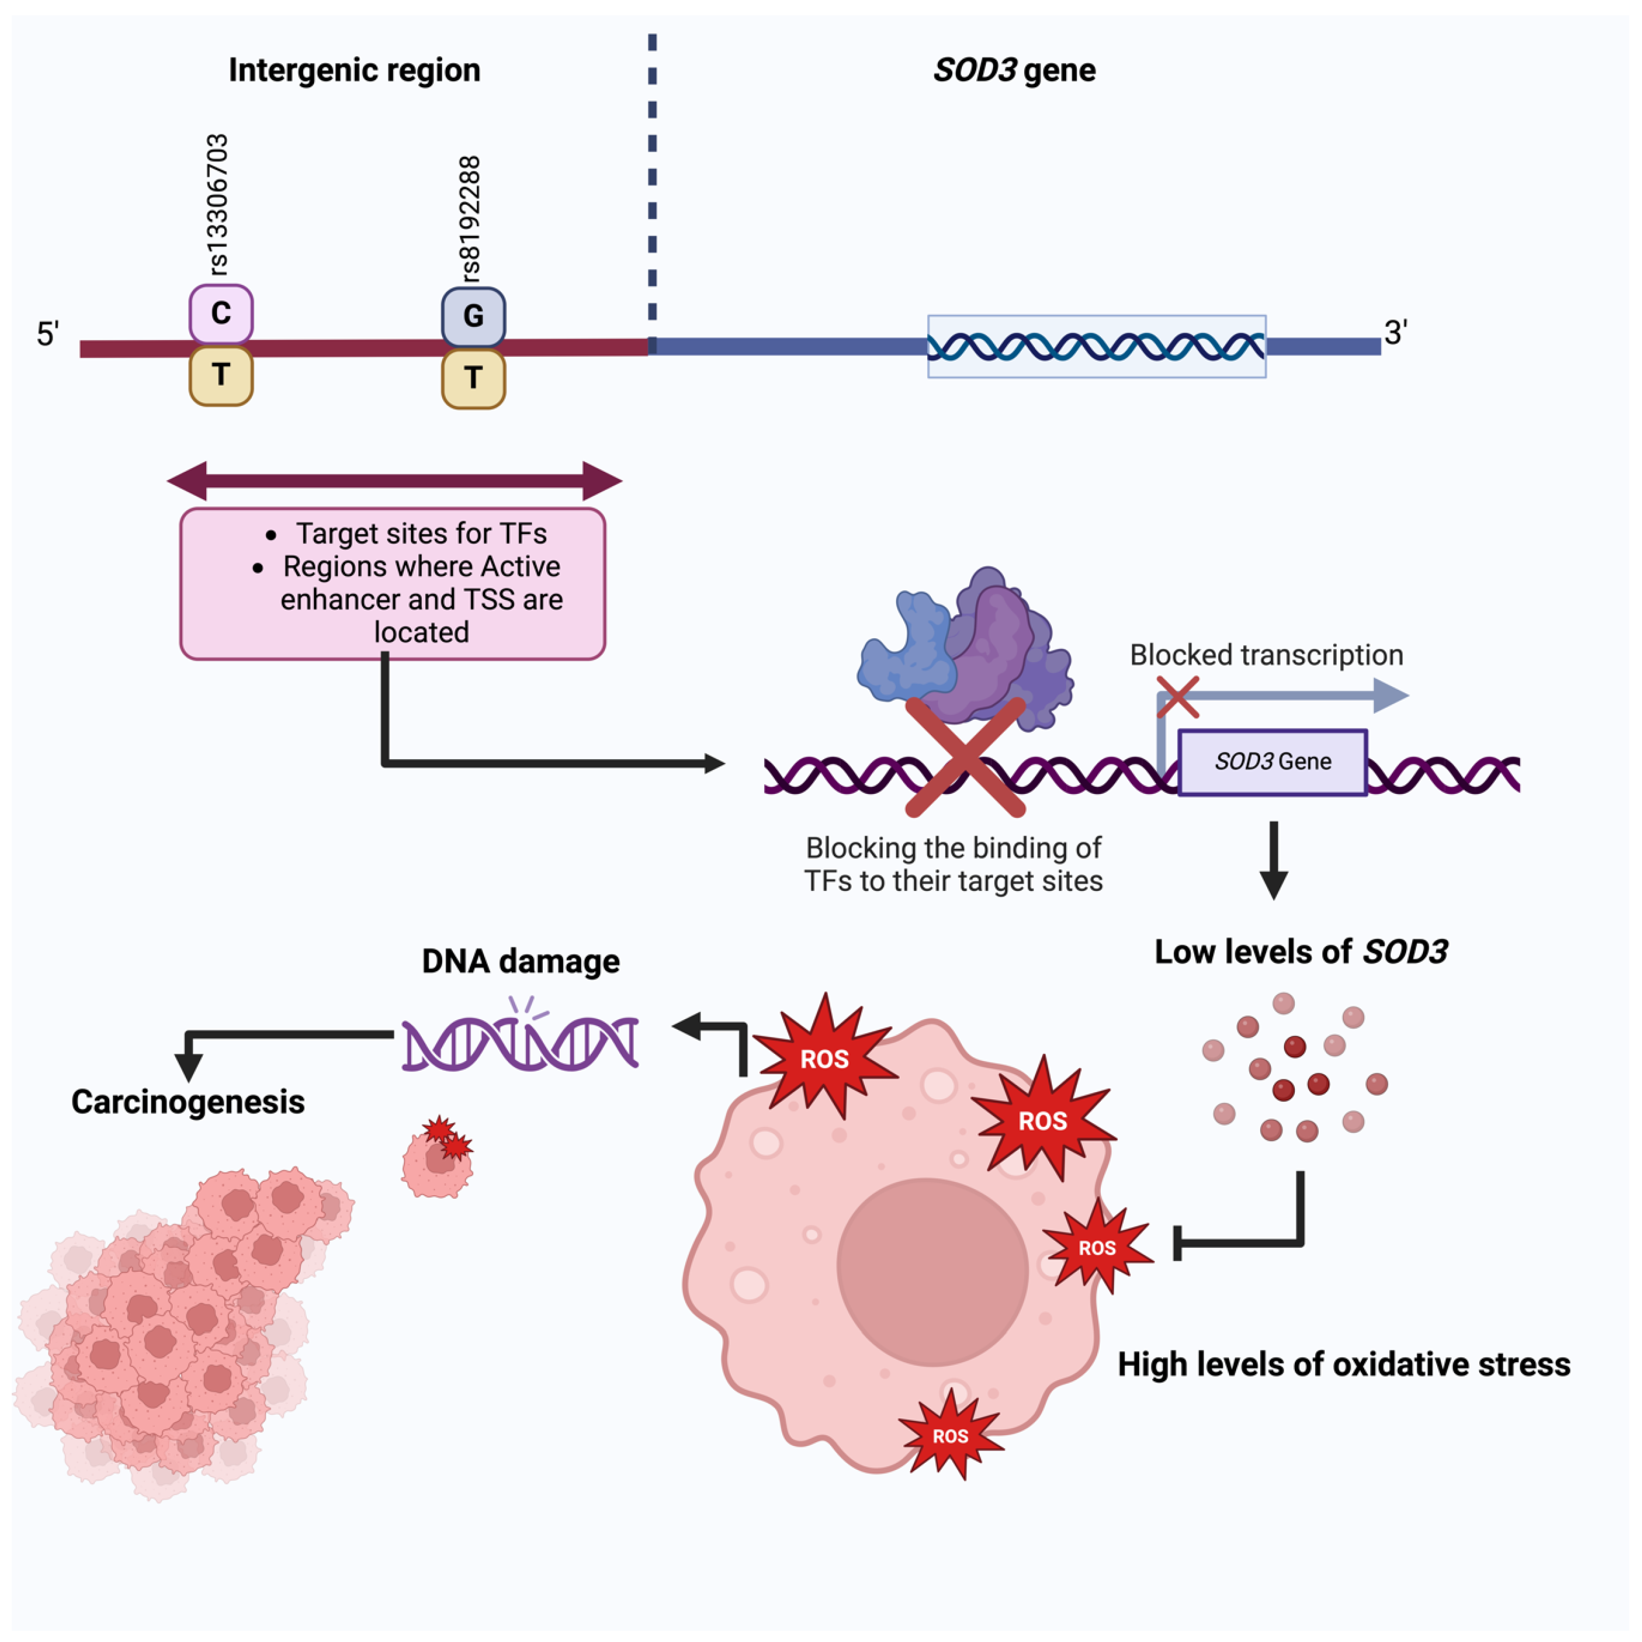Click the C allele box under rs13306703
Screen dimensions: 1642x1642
click(221, 313)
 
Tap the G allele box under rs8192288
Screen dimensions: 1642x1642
click(473, 316)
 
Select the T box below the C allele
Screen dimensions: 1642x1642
click(221, 375)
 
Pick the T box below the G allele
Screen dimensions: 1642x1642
click(473, 378)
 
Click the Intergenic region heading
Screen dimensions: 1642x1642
click(354, 69)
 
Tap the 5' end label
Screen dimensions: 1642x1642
click(47, 334)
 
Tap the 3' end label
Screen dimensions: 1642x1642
click(1395, 332)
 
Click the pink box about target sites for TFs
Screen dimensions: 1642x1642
click(393, 583)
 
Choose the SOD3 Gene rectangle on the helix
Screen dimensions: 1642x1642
click(1272, 761)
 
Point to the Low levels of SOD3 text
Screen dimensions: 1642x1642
click(1300, 952)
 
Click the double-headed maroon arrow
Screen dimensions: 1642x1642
click(394, 481)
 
